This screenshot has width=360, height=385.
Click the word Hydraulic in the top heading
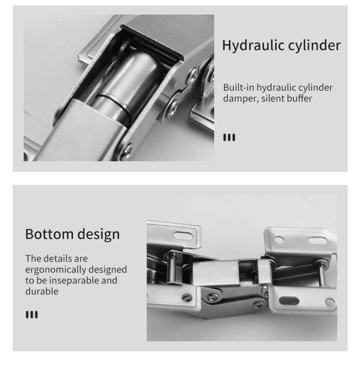click(x=253, y=46)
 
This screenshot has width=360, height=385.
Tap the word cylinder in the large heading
click(x=314, y=46)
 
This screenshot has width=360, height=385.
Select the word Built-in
click(x=238, y=87)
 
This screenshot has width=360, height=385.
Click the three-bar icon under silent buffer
click(x=229, y=138)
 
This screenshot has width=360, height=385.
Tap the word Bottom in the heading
click(x=48, y=234)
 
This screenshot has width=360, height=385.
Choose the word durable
click(x=42, y=292)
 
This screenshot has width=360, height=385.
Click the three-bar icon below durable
click(x=32, y=314)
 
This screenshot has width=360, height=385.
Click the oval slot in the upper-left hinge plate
click(x=183, y=236)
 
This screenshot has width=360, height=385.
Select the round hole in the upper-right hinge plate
click(x=279, y=240)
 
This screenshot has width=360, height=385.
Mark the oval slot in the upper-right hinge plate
click(x=317, y=241)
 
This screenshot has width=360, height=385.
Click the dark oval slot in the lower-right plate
click(x=289, y=301)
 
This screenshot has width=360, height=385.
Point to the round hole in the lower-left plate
click(x=187, y=298)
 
